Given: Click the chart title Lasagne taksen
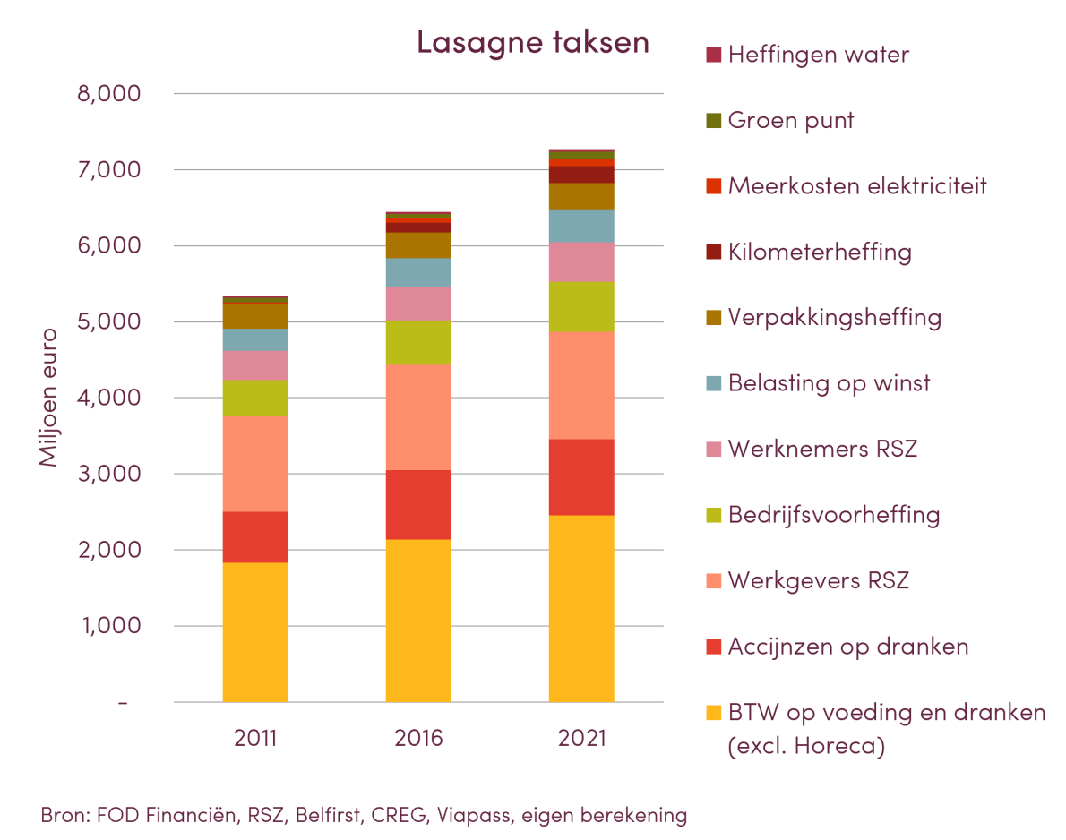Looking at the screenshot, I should pos(533,43).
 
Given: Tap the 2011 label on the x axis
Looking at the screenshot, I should pos(255,739).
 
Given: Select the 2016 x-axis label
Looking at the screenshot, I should pos(418,739).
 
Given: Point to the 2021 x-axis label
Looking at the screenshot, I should pos(581,739).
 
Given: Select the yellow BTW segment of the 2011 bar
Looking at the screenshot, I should pos(255,632).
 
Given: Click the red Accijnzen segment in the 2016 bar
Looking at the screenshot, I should pos(418,505).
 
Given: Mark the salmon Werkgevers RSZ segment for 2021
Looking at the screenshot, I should pos(581,386).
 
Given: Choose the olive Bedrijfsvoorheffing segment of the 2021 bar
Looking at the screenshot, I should pos(581,307).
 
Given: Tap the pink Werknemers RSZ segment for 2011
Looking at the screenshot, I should pos(255,365).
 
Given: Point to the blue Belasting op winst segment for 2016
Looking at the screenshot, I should pos(418,272).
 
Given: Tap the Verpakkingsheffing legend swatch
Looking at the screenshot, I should pos(713,318).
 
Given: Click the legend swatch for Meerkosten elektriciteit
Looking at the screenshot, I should pos(713,186).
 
